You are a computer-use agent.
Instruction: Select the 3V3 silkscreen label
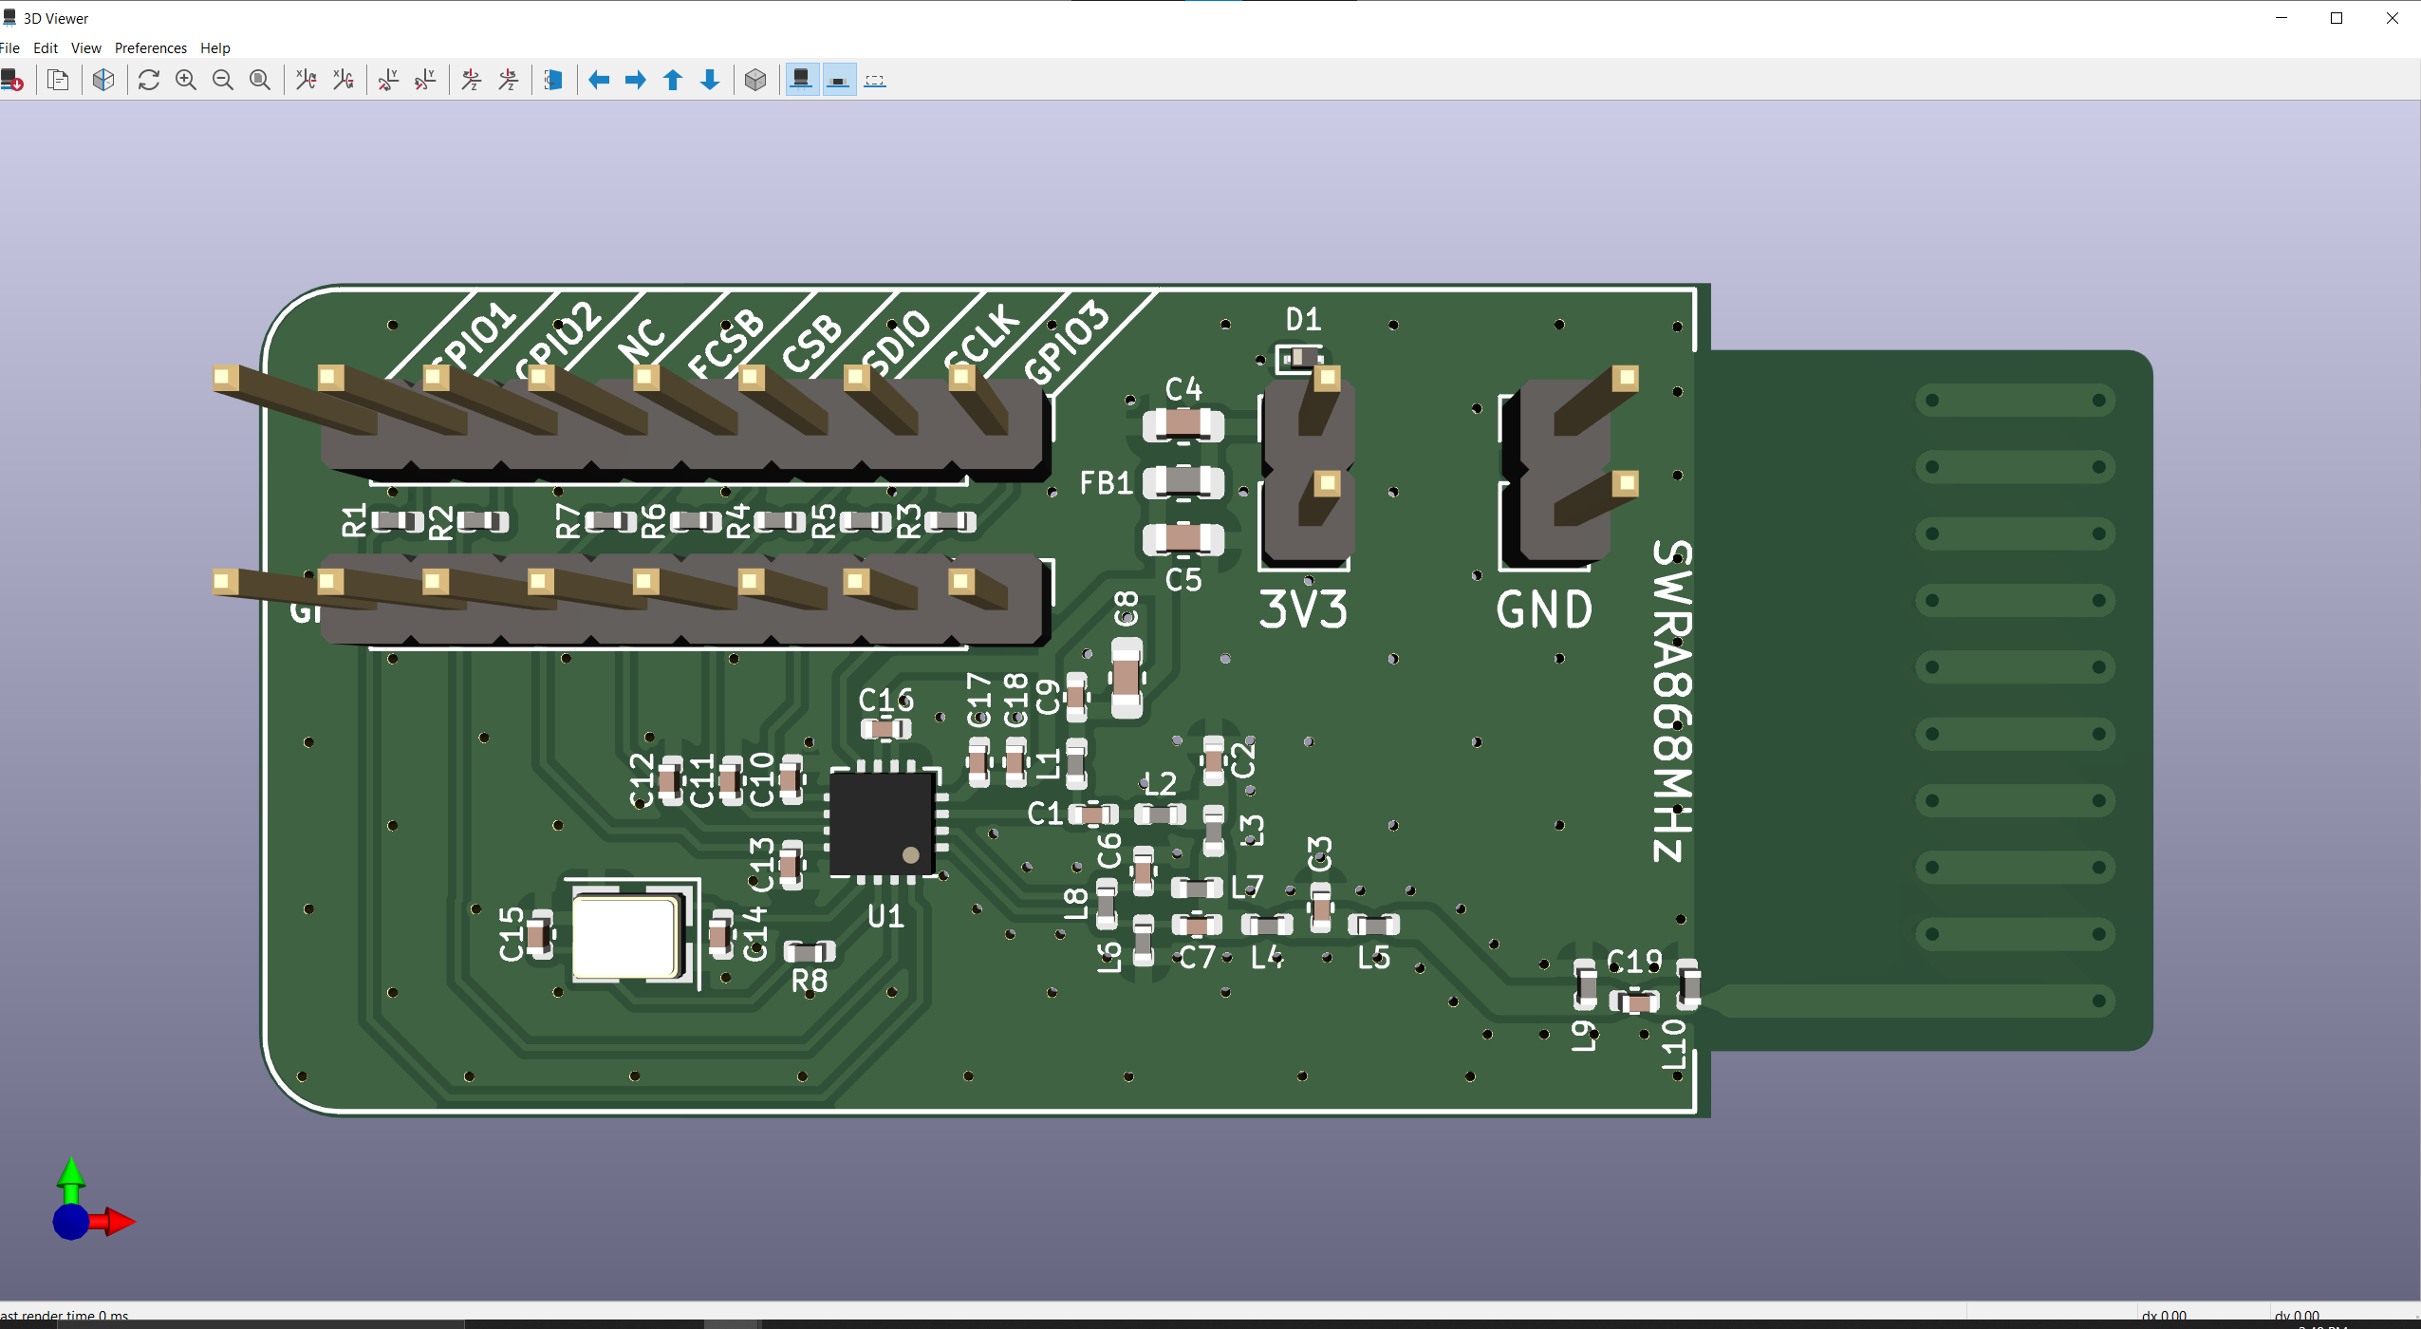coord(1302,609)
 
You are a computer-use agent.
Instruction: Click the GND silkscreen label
coord(1544,609)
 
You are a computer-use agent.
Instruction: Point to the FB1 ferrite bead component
coord(1183,482)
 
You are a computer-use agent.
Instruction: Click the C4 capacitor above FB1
coord(1183,424)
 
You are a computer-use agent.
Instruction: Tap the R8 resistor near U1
coord(809,951)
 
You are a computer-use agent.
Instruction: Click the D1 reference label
coord(1303,319)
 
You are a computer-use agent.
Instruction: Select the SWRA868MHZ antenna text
coord(1671,701)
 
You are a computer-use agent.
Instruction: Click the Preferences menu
coord(150,48)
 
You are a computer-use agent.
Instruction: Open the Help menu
coord(214,48)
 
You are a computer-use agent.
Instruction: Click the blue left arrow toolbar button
coord(599,81)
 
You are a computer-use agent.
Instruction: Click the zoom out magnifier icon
coord(223,81)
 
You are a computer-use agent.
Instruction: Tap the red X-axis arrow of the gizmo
coord(120,1222)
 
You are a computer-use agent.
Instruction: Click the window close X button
coord(2392,18)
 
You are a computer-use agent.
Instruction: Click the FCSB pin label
coord(726,343)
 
